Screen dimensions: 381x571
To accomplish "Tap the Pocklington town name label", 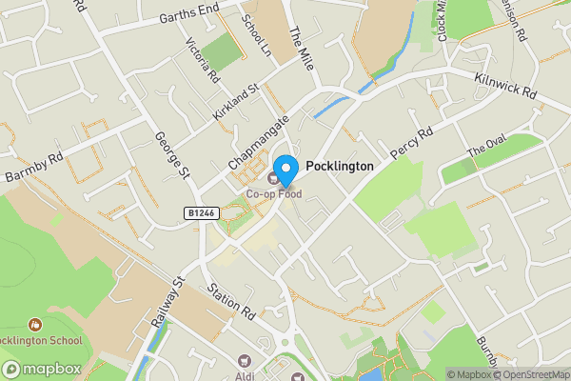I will [340, 166].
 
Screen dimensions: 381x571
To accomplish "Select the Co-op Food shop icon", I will [274, 177].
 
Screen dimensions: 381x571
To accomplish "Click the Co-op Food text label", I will [273, 193].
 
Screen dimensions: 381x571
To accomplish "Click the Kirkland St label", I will [236, 102].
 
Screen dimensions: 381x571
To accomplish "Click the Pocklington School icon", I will [36, 325].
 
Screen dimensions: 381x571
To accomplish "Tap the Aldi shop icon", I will [245, 361].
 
